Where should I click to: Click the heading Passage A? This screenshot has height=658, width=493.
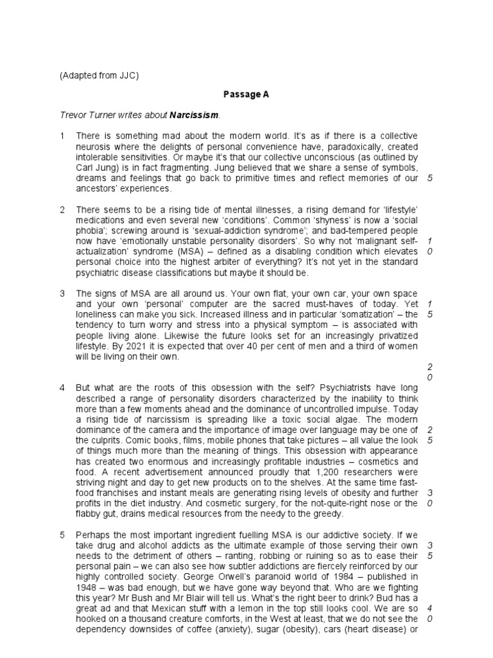pos(246,94)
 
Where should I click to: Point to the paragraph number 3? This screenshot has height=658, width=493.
pos(62,294)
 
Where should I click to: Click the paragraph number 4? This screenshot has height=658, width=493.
pos(62,388)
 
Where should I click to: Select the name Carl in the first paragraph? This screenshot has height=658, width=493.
pos(85,168)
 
